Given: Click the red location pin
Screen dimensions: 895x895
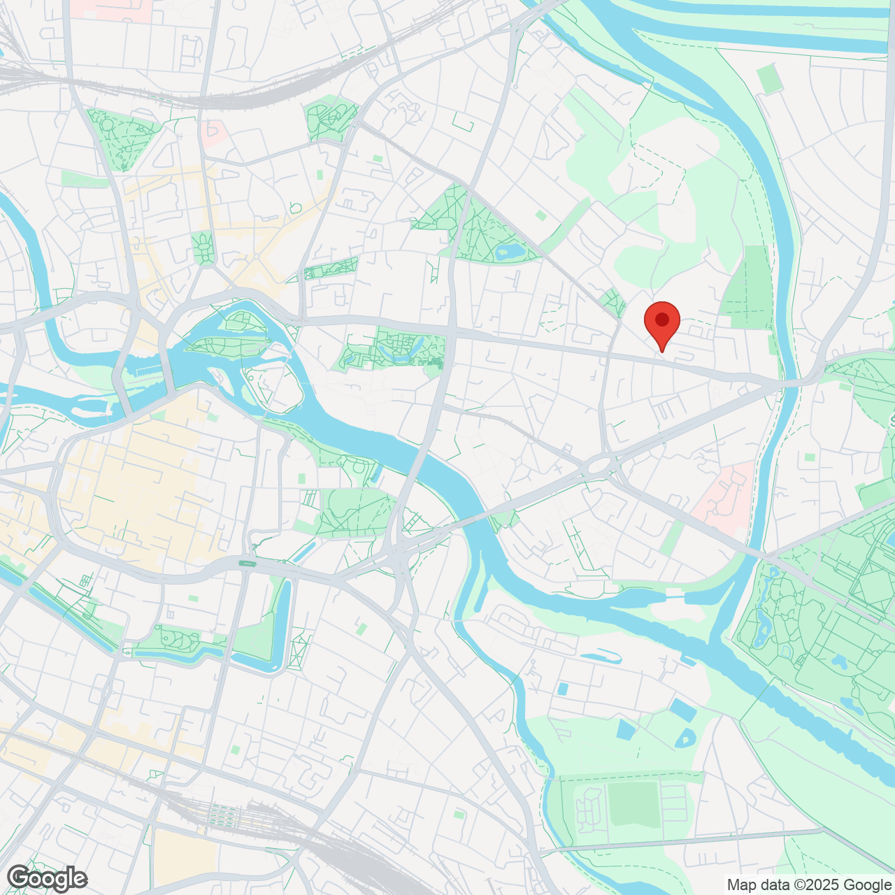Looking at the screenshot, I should point(661,322).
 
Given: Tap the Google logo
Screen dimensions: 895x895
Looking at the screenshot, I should point(47,878).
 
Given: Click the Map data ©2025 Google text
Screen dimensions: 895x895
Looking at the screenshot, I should point(808,885).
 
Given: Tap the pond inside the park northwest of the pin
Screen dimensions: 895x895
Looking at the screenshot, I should point(508,250).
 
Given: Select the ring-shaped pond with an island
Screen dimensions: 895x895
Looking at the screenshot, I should point(685,737).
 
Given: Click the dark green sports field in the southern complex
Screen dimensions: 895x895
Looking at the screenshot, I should point(633,804).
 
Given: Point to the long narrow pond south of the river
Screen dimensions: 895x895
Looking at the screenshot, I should point(600,656).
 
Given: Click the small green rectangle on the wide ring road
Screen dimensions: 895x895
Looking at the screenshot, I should point(247,563).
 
